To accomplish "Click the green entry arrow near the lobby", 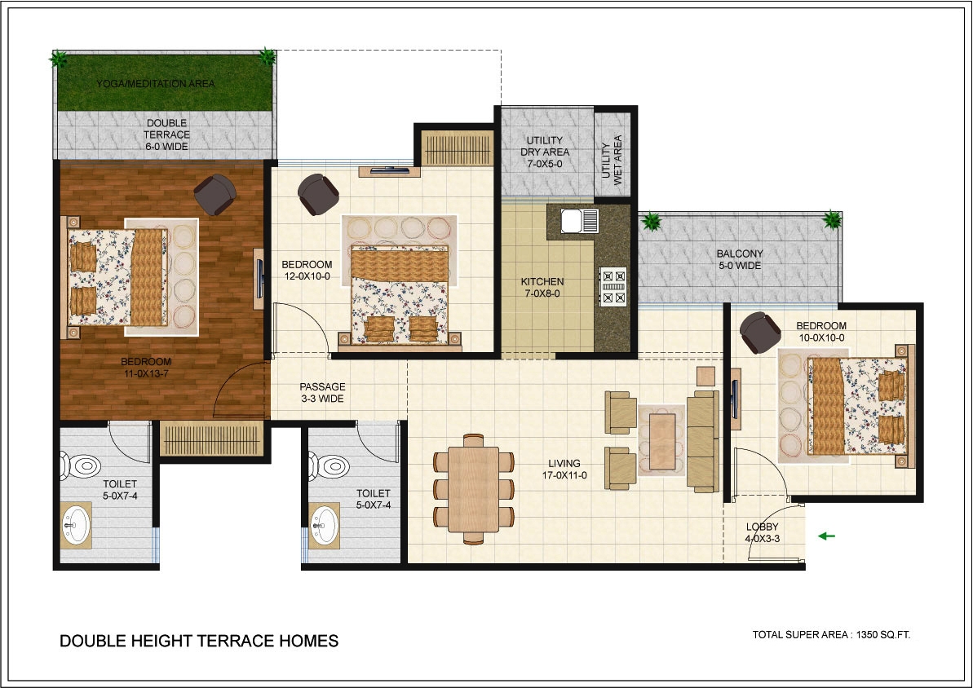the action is [x=826, y=536].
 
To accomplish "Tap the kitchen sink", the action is [x=580, y=221].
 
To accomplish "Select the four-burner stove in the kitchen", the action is [x=613, y=286].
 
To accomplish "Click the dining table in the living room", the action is [x=474, y=489].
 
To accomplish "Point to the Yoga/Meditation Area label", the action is [x=155, y=84].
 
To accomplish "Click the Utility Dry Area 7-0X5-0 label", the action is [x=545, y=152].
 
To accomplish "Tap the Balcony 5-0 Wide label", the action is [x=740, y=259].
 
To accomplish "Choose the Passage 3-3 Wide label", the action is [x=323, y=393].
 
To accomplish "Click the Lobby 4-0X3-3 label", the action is [x=762, y=533].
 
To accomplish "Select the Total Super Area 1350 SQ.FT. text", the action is [x=832, y=635].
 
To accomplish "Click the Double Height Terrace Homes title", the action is [x=199, y=641].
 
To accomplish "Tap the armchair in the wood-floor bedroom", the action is [x=215, y=194].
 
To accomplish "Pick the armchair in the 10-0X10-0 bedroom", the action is [x=760, y=333].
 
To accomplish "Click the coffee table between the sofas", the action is [x=662, y=441].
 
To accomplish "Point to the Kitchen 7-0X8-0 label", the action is [x=542, y=287].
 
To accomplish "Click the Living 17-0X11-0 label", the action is [x=564, y=469].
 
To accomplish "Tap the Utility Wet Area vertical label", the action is [x=612, y=160].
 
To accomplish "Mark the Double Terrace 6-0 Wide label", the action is [x=166, y=135].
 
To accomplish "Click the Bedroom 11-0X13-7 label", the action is [x=146, y=368].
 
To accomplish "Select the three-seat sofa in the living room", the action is [x=703, y=441].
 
